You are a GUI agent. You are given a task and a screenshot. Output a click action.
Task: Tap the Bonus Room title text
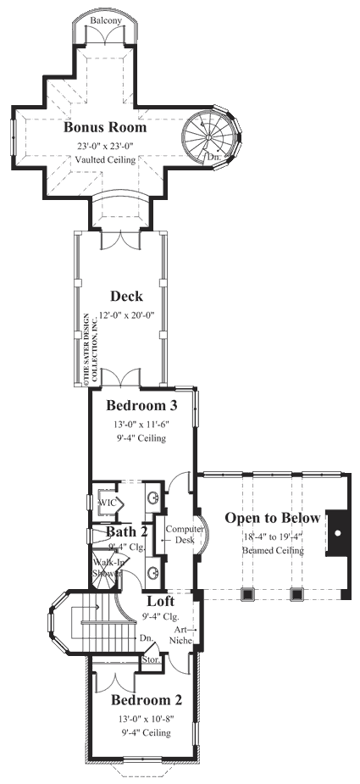106,128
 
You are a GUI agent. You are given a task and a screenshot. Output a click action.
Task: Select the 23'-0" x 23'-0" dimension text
106,145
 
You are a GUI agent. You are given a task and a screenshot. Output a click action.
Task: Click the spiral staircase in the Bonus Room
205,133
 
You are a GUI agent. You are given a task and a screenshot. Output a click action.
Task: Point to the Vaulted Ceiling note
106,159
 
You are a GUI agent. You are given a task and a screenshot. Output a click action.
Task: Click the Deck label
126,297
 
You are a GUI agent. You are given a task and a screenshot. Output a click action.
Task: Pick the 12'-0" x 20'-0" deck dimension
126,314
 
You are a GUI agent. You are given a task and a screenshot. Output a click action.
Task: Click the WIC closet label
107,503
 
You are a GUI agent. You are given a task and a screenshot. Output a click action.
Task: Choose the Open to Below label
272,519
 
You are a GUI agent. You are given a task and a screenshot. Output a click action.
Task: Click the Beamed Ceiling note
272,549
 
